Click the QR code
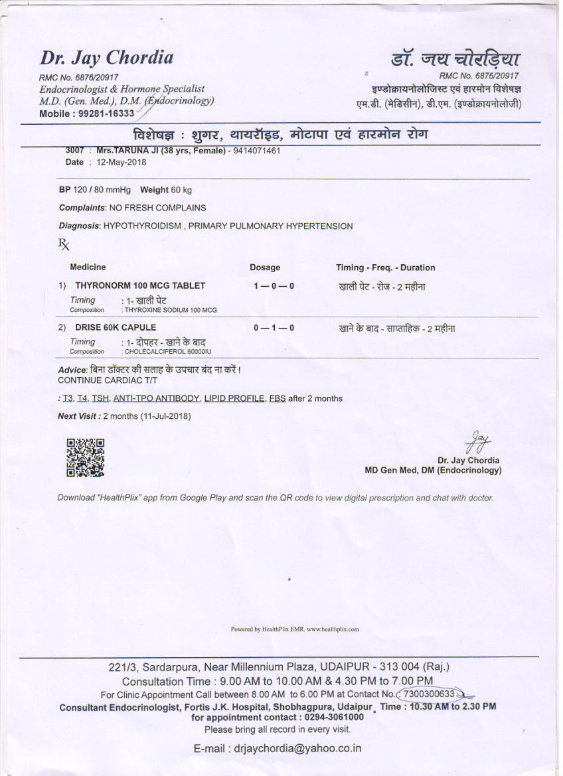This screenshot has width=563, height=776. coord(85,457)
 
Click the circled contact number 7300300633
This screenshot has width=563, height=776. coord(429,694)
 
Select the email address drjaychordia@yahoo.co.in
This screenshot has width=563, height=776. coord(297,748)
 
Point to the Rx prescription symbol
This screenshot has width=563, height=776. coord(64,245)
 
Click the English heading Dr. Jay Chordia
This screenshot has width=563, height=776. coord(107,58)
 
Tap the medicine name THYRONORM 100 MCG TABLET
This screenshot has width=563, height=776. coord(140,285)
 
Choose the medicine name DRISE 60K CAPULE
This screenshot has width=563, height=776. coord(116,327)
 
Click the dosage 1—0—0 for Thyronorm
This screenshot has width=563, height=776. coord(274,285)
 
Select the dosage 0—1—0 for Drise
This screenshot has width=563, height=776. coord(274,328)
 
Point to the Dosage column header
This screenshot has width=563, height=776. coord(265,268)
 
